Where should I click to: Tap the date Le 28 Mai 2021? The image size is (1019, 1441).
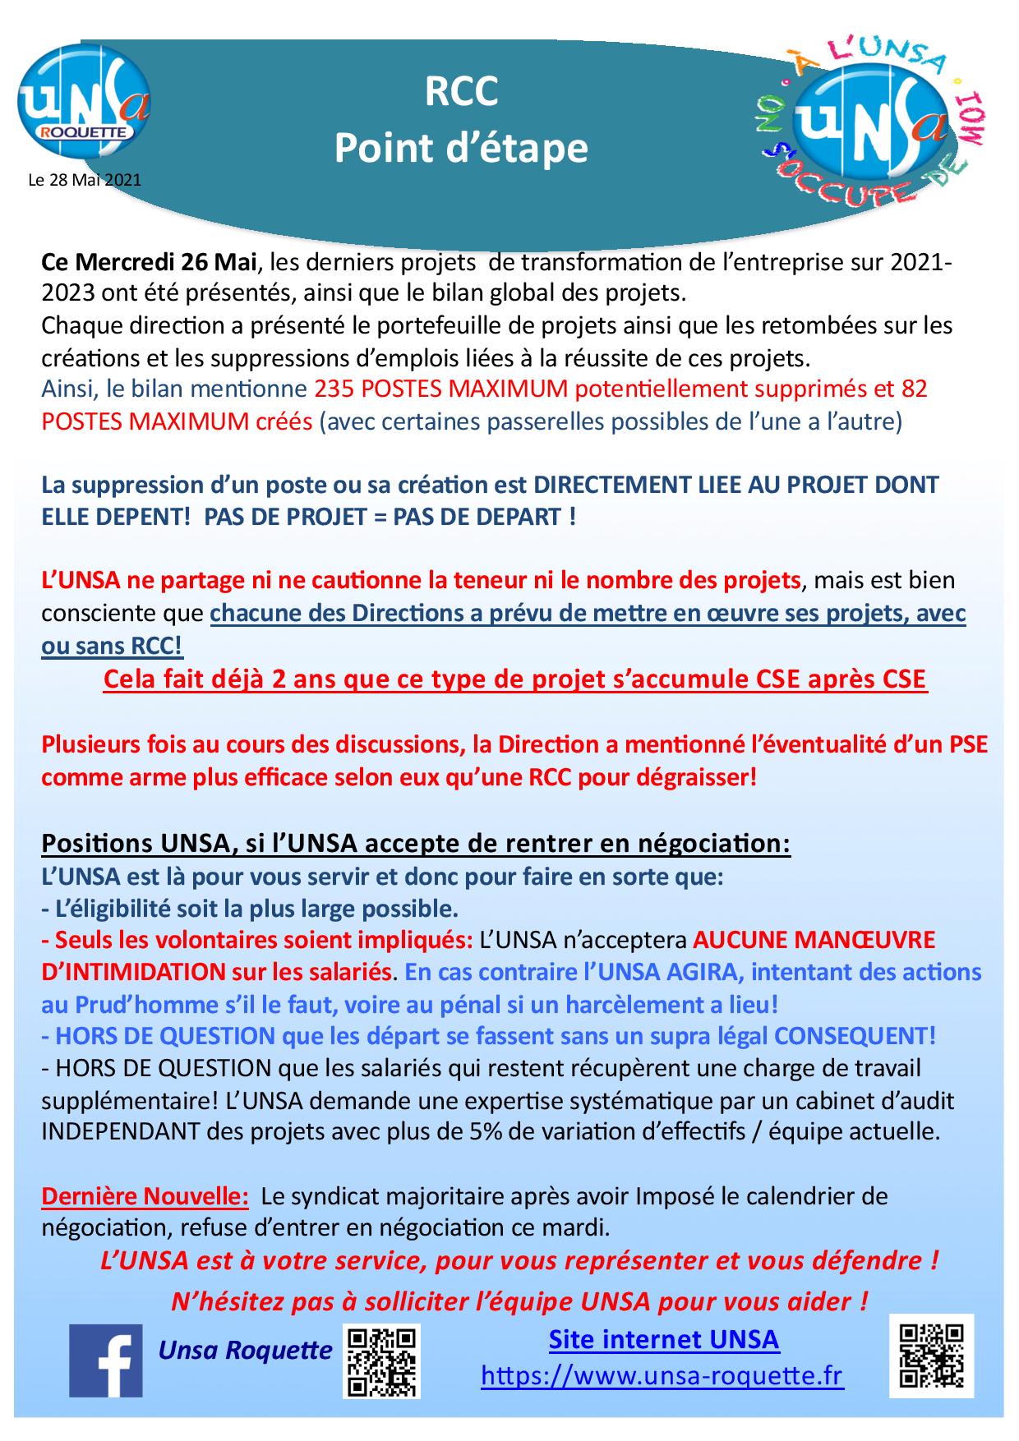click(x=85, y=180)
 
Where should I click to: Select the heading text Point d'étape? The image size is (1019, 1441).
click(x=461, y=149)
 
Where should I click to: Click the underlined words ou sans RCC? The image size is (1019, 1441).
click(x=113, y=647)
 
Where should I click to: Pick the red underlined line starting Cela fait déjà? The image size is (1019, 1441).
click(x=514, y=680)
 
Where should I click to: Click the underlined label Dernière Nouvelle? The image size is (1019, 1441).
click(x=145, y=1196)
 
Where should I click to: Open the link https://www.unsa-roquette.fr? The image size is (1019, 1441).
click(x=662, y=1376)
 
